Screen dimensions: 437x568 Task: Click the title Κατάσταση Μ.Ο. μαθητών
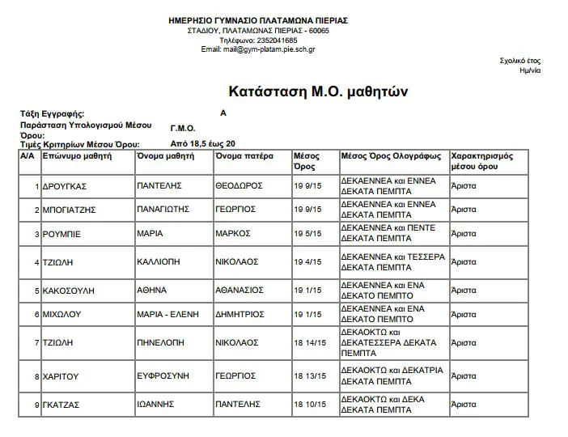pyautogui.click(x=312, y=91)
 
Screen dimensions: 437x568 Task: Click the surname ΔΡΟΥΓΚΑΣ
pyautogui.click(x=65, y=186)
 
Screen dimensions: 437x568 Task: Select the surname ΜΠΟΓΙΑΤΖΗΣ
pyautogui.click(x=70, y=210)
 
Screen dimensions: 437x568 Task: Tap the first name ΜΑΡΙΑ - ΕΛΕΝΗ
pyautogui.click(x=167, y=315)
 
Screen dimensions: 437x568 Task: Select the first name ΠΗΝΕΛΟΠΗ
pyautogui.click(x=163, y=342)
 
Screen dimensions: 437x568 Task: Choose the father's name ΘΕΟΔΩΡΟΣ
pyautogui.click(x=239, y=185)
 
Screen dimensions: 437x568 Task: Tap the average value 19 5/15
pyautogui.click(x=307, y=235)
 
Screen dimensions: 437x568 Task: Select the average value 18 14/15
pyautogui.click(x=309, y=342)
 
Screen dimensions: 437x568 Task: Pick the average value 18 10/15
pyautogui.click(x=309, y=403)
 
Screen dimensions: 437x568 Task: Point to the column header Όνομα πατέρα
pyautogui.click(x=244, y=155)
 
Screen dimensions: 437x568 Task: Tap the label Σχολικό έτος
pyautogui.click(x=520, y=61)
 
